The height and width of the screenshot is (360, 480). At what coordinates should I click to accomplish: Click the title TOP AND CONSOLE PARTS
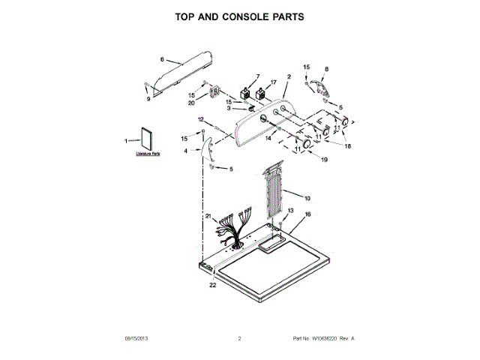coord(239,16)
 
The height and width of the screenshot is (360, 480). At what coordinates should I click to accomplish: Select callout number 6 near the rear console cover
coord(161,58)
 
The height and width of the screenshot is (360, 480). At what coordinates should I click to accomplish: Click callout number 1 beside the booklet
coord(126,140)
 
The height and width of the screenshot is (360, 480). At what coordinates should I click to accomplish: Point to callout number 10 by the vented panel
coord(307,198)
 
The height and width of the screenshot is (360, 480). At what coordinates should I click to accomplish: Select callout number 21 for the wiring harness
coord(208,216)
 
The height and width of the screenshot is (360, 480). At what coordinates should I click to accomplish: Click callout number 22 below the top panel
coord(212,285)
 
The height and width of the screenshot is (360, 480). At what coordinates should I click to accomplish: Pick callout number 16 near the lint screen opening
coord(307,214)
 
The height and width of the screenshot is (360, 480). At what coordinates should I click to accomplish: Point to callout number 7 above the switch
coord(257,76)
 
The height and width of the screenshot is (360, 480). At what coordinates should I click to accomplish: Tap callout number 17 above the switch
coord(273,82)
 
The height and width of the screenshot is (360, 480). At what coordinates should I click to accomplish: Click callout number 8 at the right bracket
coord(325,70)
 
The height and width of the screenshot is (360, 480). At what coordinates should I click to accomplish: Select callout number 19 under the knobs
coord(325,159)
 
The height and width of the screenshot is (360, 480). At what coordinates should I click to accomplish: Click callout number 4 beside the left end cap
coord(186,151)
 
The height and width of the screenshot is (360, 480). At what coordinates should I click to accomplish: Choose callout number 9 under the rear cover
coord(148,98)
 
